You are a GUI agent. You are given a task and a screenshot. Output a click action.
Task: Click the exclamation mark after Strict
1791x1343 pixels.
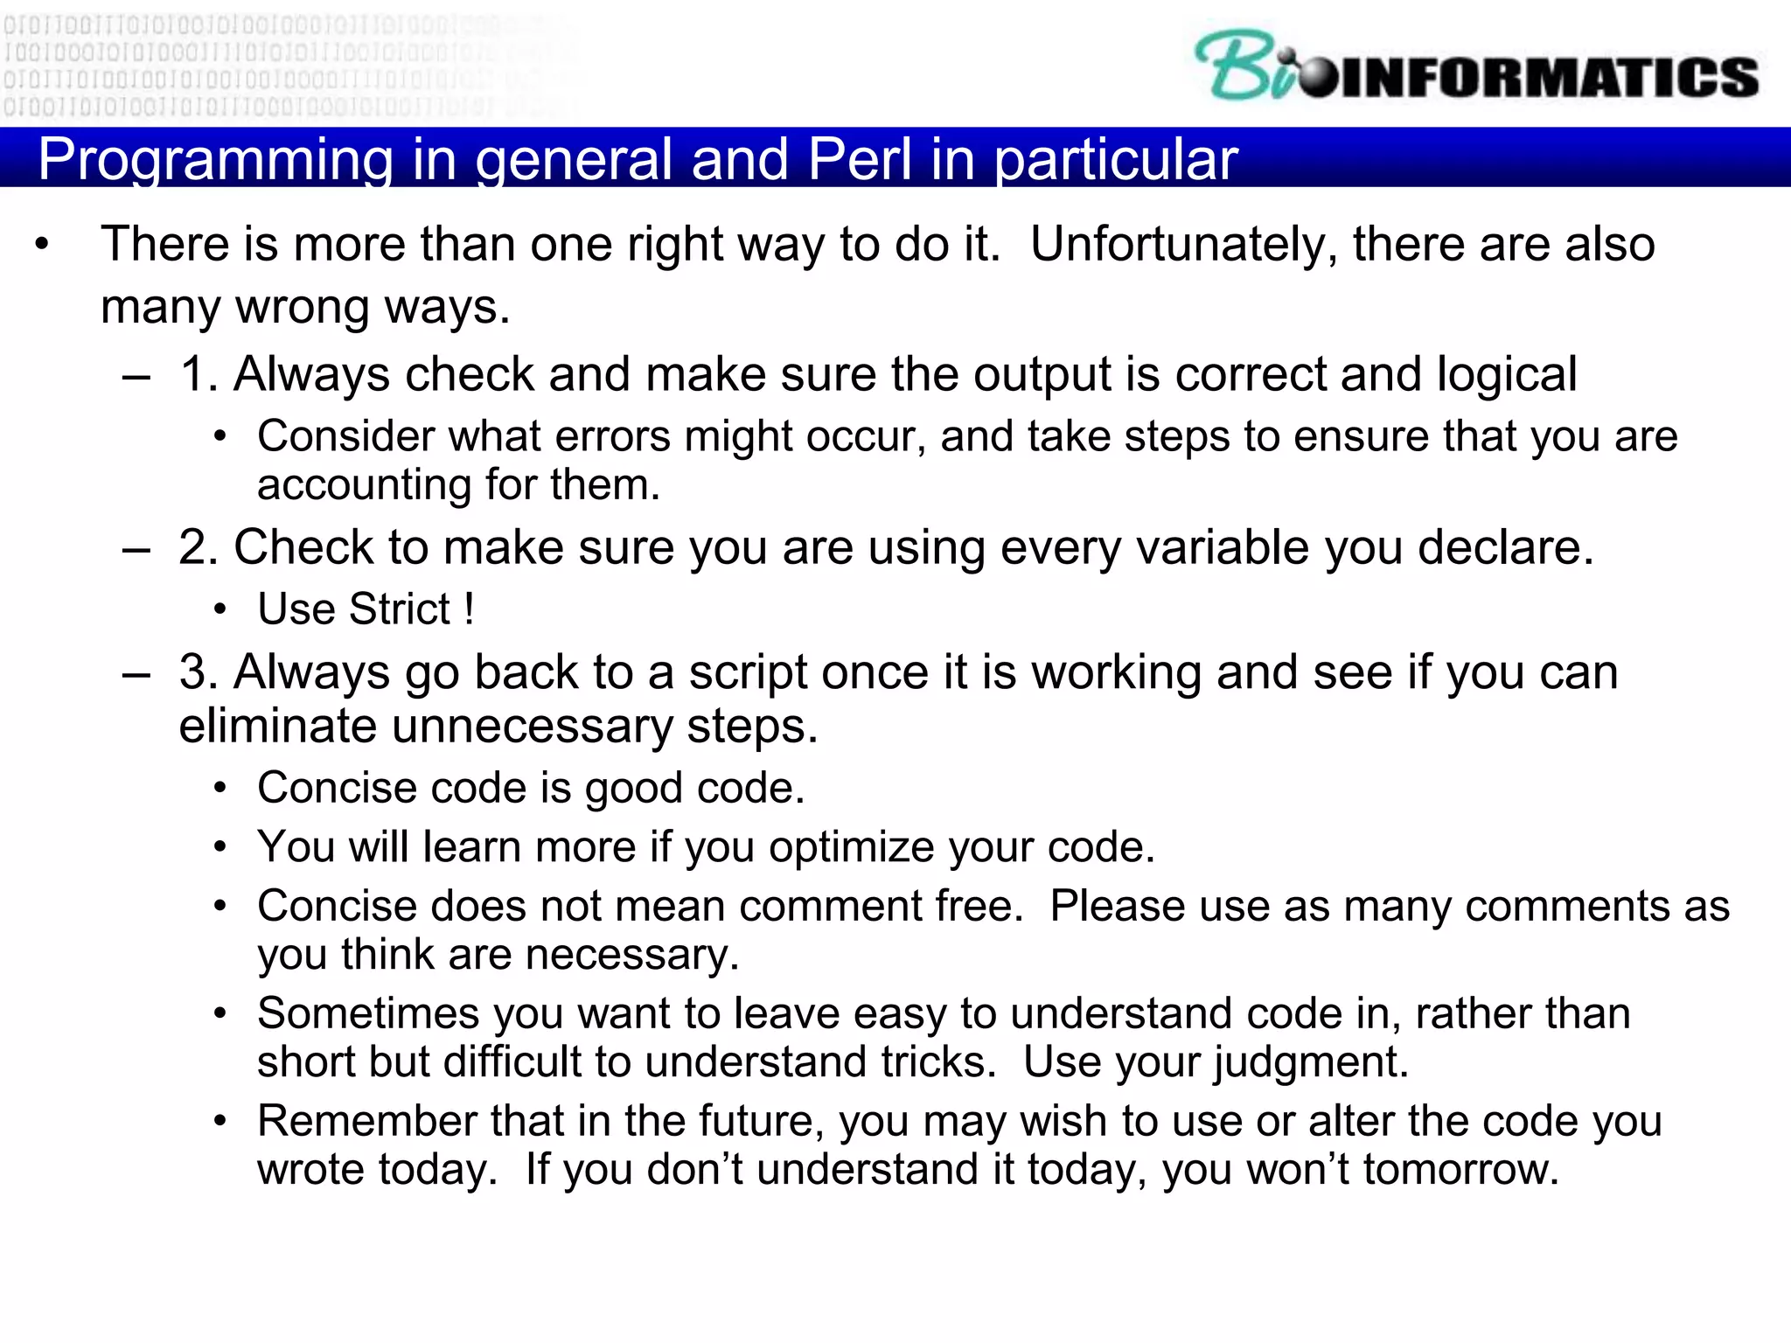(x=470, y=609)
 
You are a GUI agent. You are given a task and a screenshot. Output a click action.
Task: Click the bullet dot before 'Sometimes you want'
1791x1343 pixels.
(x=220, y=1014)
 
